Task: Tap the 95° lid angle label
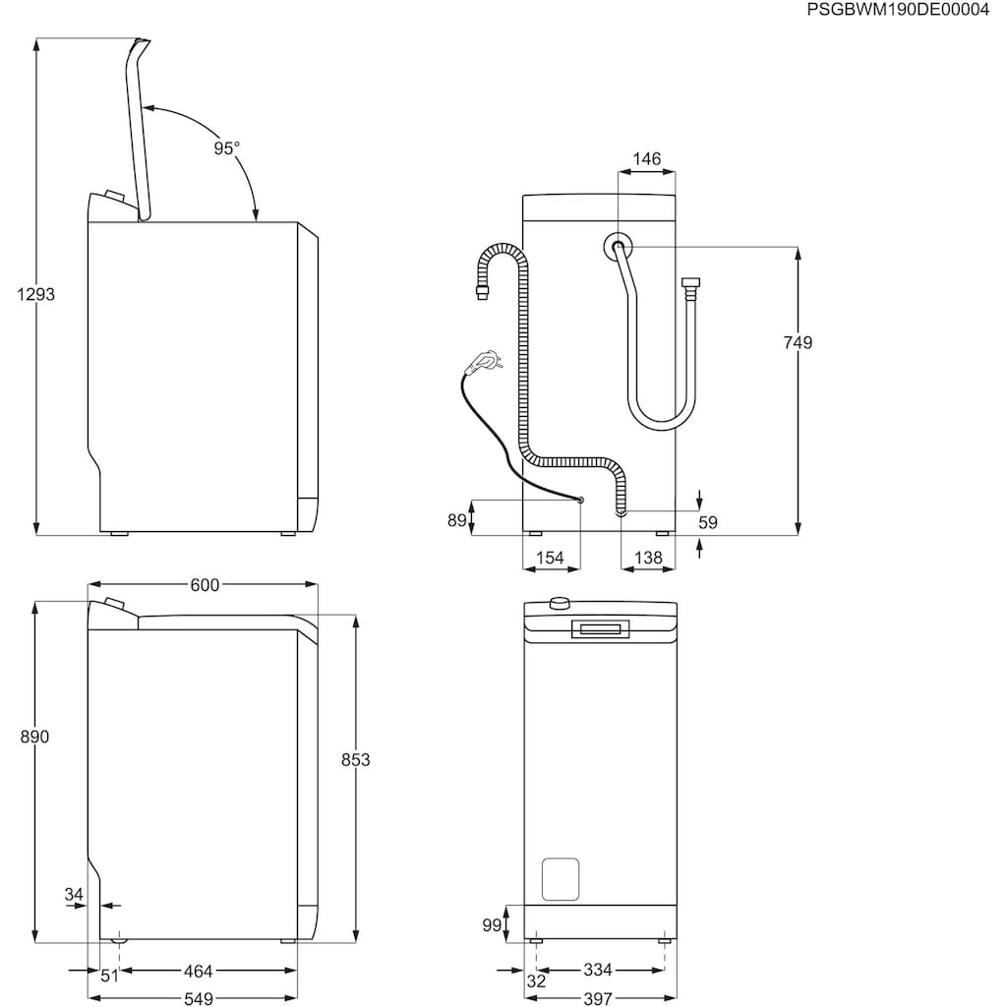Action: pos(226,148)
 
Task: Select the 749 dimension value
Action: pos(799,342)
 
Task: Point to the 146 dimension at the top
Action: pos(647,158)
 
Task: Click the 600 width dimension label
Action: pos(204,585)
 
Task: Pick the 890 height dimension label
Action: pos(34,737)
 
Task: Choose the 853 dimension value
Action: pos(356,759)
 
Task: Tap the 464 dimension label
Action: pos(198,972)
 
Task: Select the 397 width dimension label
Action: pos(597,998)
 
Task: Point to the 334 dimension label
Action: pos(597,971)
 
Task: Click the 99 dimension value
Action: pos(492,924)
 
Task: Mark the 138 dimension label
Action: pos(648,558)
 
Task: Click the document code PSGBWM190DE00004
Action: pos(897,11)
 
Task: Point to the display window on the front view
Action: pos(600,629)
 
